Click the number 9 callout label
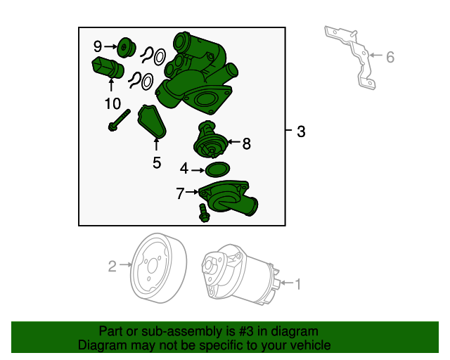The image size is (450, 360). pos(98,46)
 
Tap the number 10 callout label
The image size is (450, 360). pos(112,103)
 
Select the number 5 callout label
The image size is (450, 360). pos(157,163)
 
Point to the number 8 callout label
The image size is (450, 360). pos(247,143)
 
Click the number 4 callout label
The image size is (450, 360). pos(184,169)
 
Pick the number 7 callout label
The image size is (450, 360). pos(180,193)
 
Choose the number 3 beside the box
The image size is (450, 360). pos(301,131)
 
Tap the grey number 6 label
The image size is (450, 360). pos(390,57)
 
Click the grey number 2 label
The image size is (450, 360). pos(112,266)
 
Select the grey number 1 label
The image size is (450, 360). pos(298,284)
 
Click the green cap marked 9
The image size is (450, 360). pos(127,47)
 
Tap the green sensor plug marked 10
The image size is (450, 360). pos(108,68)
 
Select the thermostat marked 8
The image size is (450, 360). pos(210,140)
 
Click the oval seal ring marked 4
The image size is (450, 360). pos(217,169)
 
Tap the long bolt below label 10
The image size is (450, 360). pos(119,120)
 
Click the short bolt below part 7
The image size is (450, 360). pos(203,213)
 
